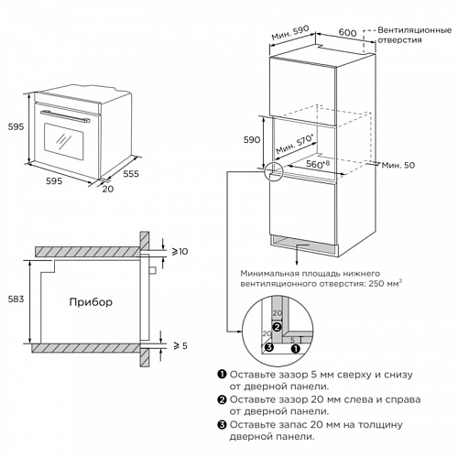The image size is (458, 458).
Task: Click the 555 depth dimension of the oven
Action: (x=131, y=174)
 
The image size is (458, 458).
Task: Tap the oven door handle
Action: (x=65, y=116)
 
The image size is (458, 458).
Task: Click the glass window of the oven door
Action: (x=64, y=141)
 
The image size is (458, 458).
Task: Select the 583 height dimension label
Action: (x=16, y=299)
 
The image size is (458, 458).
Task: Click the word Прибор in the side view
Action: (x=91, y=302)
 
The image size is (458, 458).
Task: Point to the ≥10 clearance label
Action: (x=180, y=252)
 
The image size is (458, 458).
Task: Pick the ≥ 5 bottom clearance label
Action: (x=180, y=345)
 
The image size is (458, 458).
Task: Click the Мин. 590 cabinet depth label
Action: (x=290, y=33)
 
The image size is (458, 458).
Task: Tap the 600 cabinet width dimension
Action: (x=347, y=32)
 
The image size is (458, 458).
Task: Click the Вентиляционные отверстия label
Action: (x=414, y=35)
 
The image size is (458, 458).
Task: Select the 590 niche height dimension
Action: (x=252, y=140)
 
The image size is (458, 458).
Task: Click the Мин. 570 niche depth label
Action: (x=295, y=144)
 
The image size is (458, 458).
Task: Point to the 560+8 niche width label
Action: (x=318, y=164)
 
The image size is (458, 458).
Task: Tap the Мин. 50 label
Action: (x=398, y=165)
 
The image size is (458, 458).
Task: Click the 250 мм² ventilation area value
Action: (x=385, y=283)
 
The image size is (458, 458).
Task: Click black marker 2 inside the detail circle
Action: (x=277, y=327)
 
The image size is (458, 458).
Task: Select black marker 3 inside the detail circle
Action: (x=269, y=347)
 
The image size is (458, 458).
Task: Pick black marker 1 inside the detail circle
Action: (x=296, y=349)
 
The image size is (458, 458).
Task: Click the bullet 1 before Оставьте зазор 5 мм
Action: (x=222, y=375)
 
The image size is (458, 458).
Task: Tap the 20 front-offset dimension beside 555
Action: (x=108, y=189)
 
